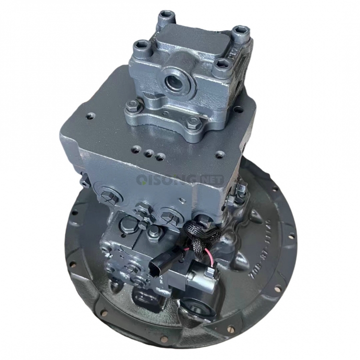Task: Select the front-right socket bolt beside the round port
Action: click(x=220, y=67)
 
